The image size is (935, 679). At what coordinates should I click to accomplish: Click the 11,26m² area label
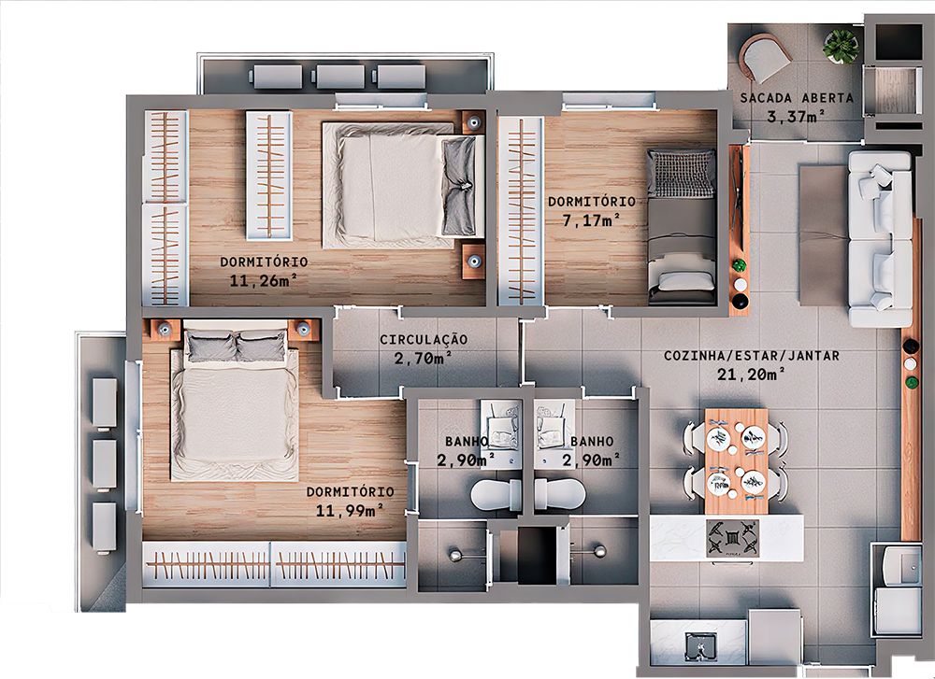point(263,279)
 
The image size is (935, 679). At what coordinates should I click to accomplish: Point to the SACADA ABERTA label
point(796,98)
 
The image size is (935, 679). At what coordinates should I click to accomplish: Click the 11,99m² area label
point(351,509)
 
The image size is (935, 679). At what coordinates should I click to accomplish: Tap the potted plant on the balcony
point(841,45)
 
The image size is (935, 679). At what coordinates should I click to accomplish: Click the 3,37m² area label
point(796,117)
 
